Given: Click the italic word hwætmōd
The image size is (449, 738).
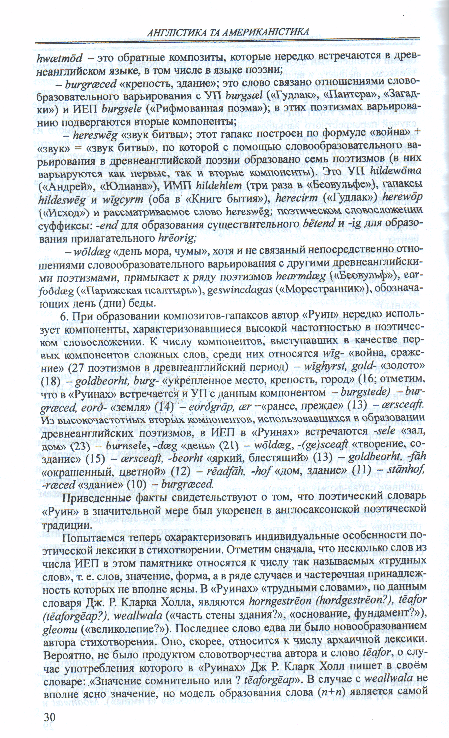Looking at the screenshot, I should tap(59, 59).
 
